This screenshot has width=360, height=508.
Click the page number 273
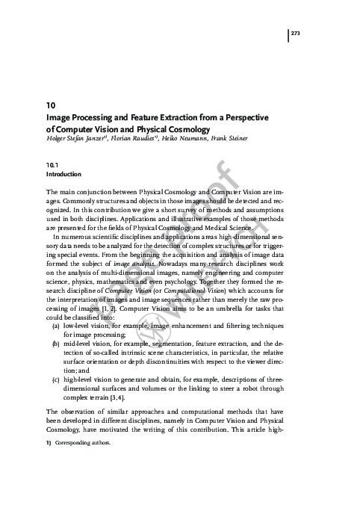point(296,34)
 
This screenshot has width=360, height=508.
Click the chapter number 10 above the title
point(50,106)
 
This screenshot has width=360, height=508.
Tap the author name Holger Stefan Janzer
point(78,138)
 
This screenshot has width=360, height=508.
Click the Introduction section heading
point(63,174)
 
